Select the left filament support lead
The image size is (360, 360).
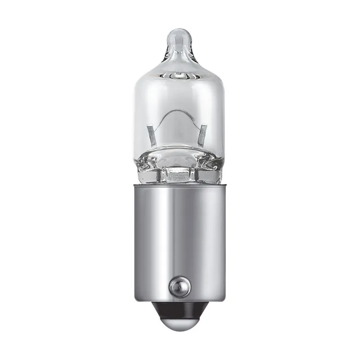point(152,135)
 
